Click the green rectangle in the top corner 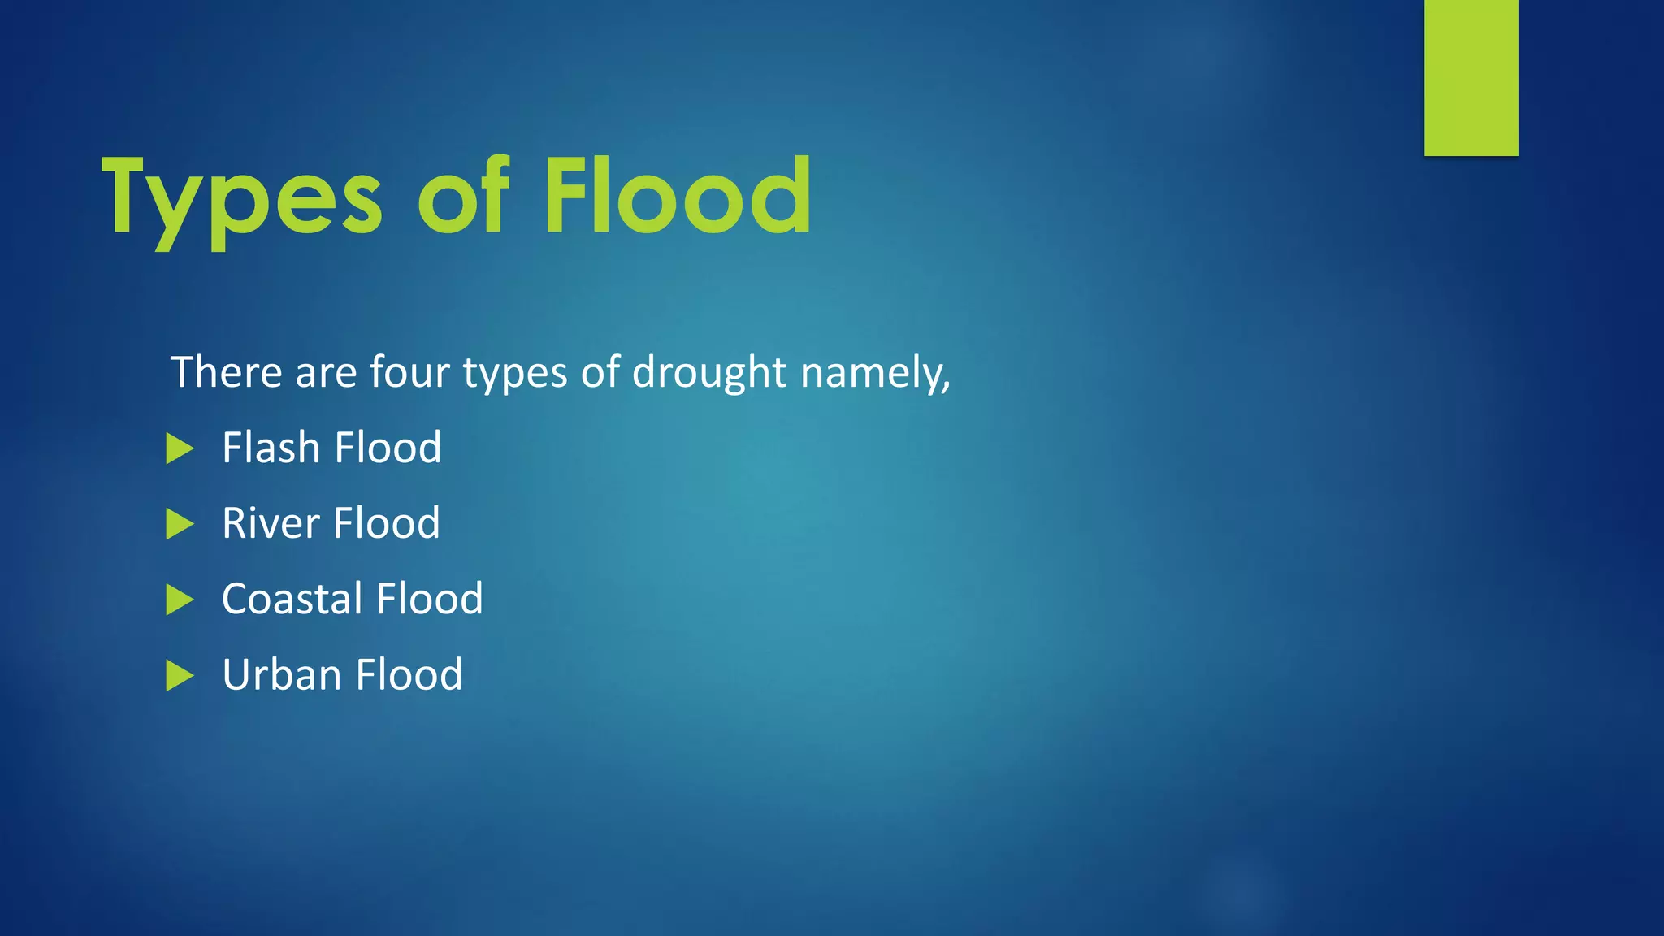tap(1471, 77)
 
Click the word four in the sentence tap(409, 372)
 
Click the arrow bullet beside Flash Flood tap(180, 448)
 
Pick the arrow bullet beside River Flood tap(180, 524)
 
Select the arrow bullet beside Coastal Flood tap(180, 600)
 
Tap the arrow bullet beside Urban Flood tap(180, 676)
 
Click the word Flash tap(271, 448)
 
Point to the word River tap(271, 523)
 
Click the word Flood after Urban tap(409, 675)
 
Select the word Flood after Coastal tap(429, 599)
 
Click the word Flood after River tap(386, 523)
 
